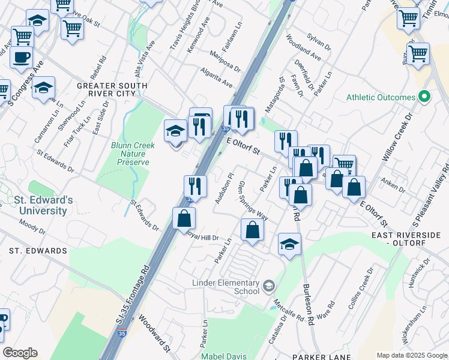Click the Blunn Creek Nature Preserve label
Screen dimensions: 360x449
[133, 154]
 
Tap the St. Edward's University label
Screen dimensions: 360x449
[36, 205]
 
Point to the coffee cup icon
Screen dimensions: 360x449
[22, 58]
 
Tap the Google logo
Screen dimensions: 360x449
[20, 353]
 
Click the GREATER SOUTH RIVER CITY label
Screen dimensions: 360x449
[112, 90]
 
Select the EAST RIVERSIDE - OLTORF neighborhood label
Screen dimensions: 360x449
[408, 238]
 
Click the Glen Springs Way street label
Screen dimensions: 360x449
[253, 200]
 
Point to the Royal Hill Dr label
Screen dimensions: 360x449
[201, 238]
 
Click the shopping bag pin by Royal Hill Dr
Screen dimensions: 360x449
[184, 219]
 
